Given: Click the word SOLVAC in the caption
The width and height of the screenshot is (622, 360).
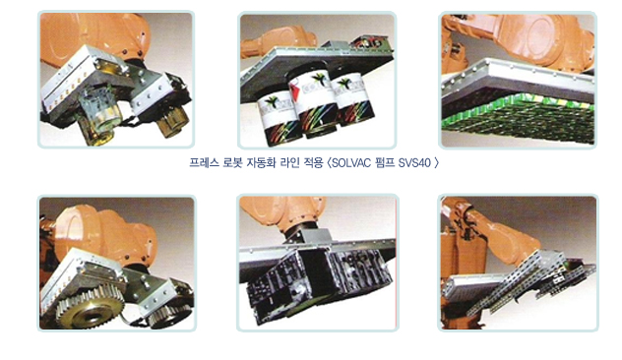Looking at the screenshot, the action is coord(352,163).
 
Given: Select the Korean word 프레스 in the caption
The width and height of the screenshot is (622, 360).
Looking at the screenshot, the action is coord(204,163).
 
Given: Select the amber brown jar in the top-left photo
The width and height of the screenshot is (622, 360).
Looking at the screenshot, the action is coord(171,120).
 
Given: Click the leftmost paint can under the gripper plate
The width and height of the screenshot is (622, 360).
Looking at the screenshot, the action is coord(280,120).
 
